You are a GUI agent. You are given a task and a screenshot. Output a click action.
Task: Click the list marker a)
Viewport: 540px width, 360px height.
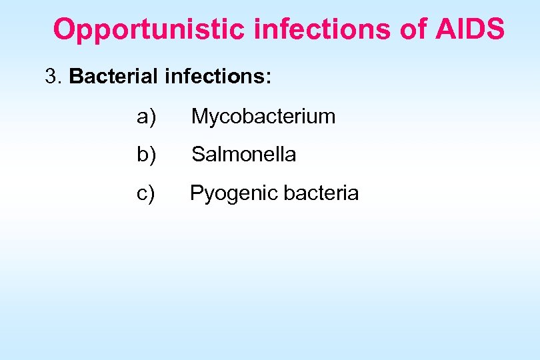pyautogui.click(x=146, y=117)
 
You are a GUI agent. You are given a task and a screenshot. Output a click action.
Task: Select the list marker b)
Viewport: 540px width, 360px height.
pyautogui.click(x=146, y=155)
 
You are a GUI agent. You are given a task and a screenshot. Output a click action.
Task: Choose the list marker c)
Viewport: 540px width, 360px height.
pyautogui.click(x=146, y=193)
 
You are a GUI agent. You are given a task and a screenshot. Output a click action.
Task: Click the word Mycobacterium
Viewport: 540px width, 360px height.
pyautogui.click(x=263, y=117)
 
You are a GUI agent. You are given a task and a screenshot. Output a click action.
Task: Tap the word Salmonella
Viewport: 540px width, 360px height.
pyautogui.click(x=244, y=155)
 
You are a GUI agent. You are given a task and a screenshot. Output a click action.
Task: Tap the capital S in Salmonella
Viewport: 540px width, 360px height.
pyautogui.click(x=198, y=155)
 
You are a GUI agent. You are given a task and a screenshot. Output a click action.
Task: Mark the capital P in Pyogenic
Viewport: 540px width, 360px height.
pyautogui.click(x=196, y=193)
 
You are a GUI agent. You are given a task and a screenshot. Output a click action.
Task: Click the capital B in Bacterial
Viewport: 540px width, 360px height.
pyautogui.click(x=75, y=77)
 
